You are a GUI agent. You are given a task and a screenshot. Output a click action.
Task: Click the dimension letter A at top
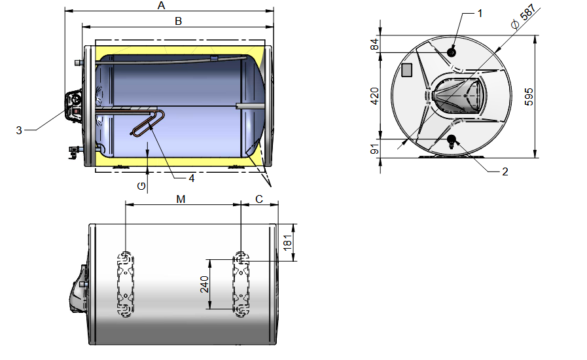[162, 6]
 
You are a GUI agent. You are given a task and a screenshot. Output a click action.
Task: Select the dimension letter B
[177, 21]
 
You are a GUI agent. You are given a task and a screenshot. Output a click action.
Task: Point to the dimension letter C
[259, 199]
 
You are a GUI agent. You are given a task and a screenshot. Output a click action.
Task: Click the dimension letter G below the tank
[141, 186]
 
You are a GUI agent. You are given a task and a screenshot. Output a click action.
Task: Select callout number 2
[505, 171]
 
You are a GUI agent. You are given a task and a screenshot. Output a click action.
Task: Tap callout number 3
[20, 130]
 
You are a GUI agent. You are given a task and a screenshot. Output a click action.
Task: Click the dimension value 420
[375, 97]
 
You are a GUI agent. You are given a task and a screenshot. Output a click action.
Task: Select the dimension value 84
[375, 45]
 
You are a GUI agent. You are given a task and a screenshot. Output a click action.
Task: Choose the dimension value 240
[204, 284]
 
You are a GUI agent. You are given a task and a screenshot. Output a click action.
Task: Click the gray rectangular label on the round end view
[407, 70]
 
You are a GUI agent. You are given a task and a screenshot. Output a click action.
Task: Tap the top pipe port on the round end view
[452, 52]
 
